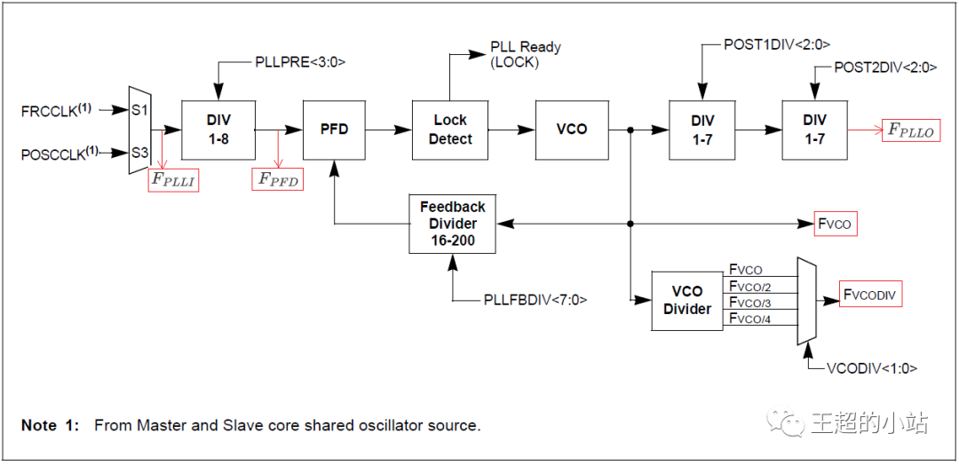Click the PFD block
pos(334,130)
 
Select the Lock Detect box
pos(450,130)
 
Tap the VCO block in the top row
pos(572,130)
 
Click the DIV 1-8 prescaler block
pos(218,130)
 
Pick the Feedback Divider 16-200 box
pos(453,224)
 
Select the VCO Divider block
pos(687,300)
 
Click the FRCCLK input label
pos(55,111)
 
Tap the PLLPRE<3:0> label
pos(299,62)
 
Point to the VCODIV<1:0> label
pos(872,367)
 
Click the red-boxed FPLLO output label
pos(910,130)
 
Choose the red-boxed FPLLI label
pos(173,180)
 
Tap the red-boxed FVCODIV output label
pos(871,296)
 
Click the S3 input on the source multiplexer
pos(139,153)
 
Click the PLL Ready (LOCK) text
pos(526,54)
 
